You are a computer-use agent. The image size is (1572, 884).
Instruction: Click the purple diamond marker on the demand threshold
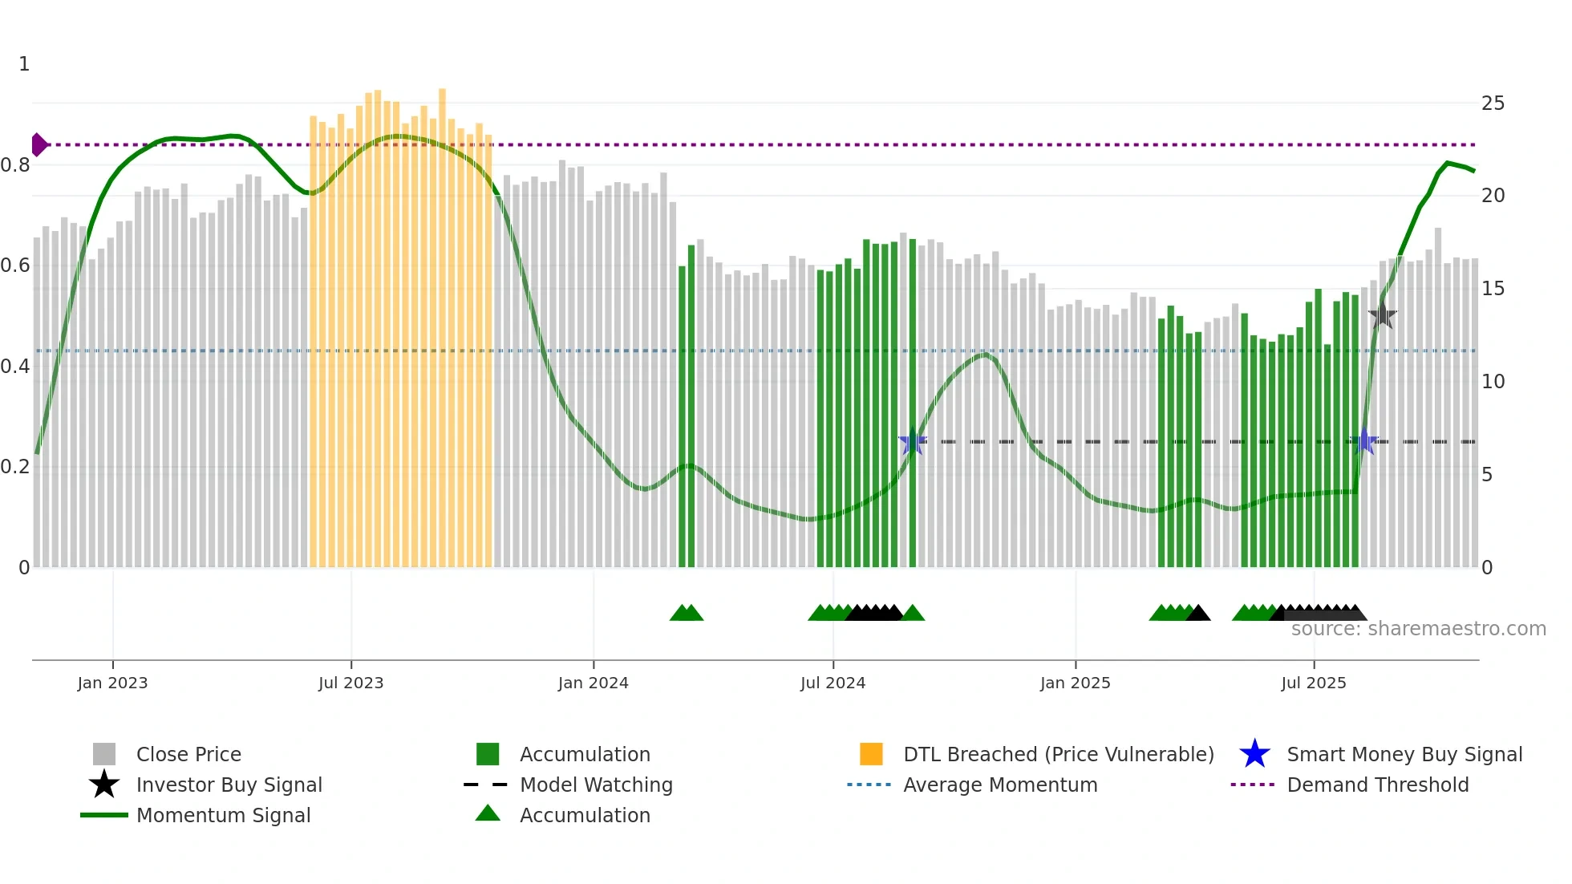[38, 145]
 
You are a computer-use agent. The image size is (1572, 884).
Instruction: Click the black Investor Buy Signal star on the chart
[1383, 315]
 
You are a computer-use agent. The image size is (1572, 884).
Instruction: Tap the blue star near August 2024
[913, 441]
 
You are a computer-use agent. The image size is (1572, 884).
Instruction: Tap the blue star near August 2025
[1365, 441]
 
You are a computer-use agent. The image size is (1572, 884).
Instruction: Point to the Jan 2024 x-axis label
[593, 683]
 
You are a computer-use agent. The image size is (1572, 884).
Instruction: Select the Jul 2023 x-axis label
[350, 683]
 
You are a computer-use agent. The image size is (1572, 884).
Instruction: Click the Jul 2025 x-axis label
[1313, 683]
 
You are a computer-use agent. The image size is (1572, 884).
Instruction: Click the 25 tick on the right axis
[1493, 103]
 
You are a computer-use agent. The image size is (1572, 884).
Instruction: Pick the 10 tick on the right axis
[1493, 382]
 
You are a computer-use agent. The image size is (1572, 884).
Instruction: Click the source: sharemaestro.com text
[1418, 629]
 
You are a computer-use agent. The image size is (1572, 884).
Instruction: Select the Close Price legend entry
[188, 754]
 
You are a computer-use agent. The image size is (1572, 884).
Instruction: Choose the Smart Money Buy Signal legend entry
[1404, 754]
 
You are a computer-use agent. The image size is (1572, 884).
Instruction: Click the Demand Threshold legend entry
[1377, 785]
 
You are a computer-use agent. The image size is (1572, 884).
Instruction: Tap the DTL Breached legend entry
[1058, 754]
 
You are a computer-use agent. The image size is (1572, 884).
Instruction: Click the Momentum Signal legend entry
[223, 815]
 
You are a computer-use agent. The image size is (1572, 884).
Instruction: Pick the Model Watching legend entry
[595, 785]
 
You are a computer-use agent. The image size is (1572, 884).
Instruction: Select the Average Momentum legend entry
[999, 785]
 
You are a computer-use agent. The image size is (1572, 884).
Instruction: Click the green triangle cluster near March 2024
[687, 613]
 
